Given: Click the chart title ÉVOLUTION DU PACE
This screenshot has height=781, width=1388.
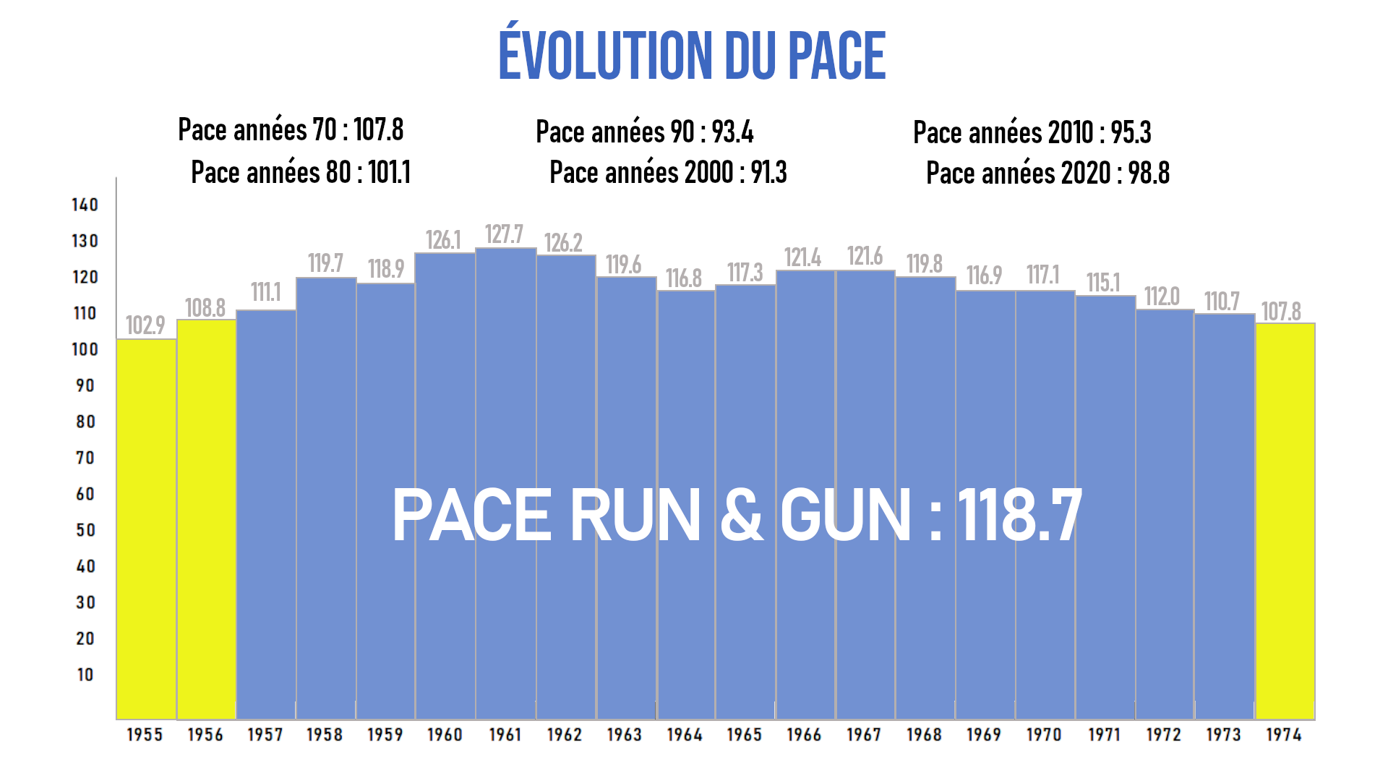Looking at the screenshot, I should click(692, 56).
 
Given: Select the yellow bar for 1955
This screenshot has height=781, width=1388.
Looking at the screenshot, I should click(146, 528).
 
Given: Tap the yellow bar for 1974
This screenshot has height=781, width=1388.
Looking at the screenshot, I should click(1285, 521).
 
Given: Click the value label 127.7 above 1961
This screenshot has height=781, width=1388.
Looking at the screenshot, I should click(504, 235).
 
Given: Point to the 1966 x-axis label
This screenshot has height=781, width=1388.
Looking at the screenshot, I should click(804, 735).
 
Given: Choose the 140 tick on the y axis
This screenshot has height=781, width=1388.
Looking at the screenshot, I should click(85, 205).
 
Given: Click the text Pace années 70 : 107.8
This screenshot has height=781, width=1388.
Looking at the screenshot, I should click(291, 130).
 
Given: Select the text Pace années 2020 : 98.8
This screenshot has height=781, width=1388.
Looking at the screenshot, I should click(1048, 174).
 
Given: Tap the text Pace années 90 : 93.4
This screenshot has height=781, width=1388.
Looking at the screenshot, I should click(644, 132).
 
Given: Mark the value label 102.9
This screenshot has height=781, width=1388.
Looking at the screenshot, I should click(145, 325).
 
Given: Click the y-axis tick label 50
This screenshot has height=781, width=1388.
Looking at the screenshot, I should click(85, 530).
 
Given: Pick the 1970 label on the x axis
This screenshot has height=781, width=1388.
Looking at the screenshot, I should click(1044, 735).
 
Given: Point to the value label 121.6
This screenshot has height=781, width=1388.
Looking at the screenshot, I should click(865, 256).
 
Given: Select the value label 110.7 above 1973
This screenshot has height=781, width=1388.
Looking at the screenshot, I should click(1222, 302).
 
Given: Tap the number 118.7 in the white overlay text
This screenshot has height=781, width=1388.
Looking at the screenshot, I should click(1020, 515).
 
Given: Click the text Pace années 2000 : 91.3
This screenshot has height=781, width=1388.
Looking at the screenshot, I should click(668, 173).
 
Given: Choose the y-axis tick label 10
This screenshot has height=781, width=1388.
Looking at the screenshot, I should click(85, 675).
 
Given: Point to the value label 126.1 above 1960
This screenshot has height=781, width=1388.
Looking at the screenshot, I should click(443, 240).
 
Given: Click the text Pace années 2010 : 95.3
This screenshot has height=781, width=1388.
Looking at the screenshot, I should click(1032, 133).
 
